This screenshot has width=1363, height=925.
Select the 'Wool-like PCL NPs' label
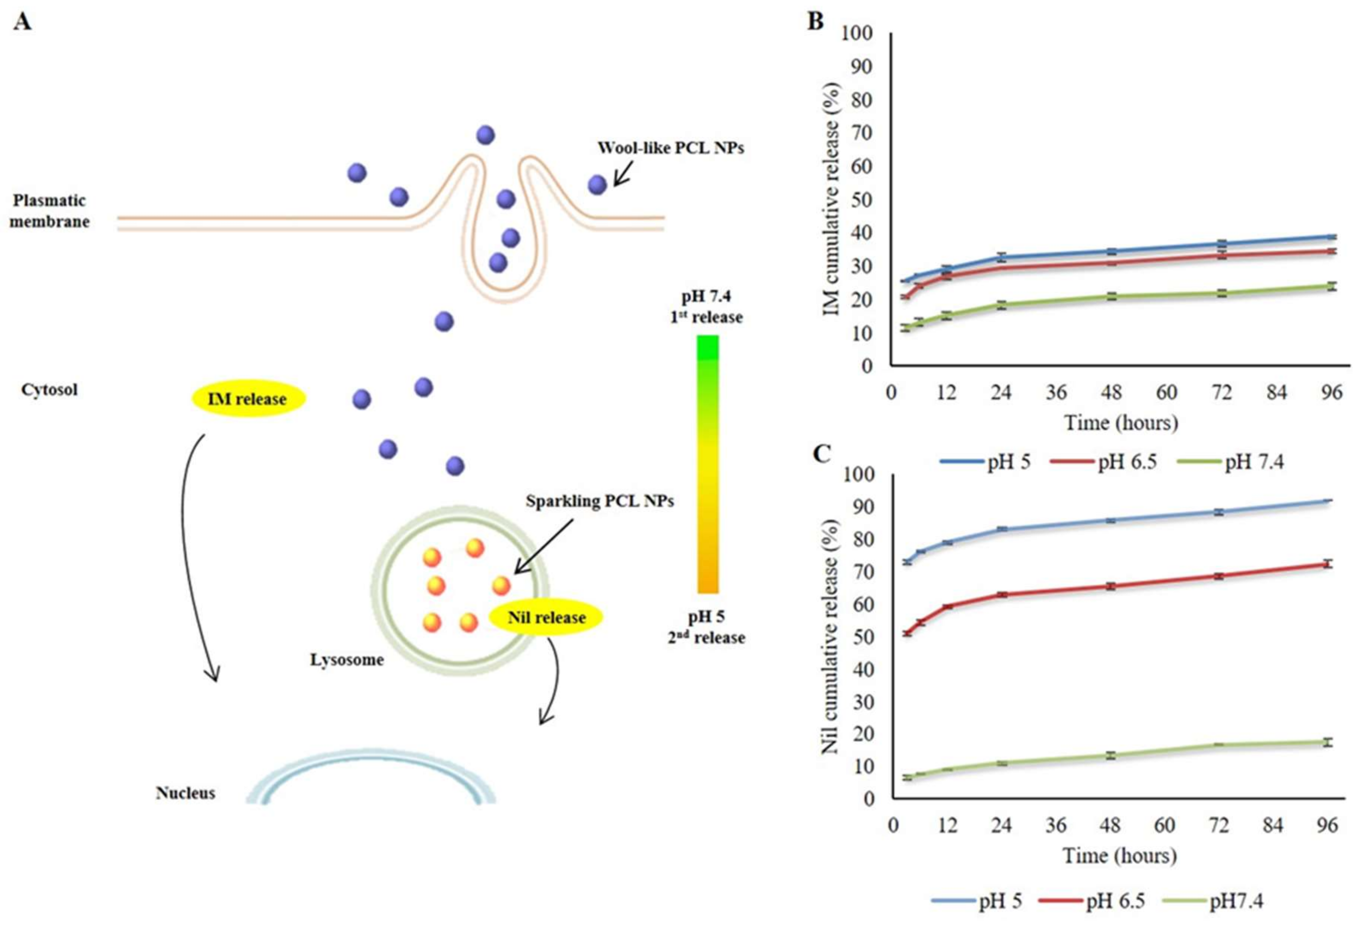(670, 148)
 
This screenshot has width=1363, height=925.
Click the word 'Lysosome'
(347, 660)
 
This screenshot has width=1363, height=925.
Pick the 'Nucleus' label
(185, 793)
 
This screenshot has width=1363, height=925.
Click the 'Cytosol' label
(49, 390)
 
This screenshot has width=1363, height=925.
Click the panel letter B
(815, 21)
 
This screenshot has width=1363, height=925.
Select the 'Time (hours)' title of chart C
(1119, 856)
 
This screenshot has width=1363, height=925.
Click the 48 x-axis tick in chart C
(1110, 825)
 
